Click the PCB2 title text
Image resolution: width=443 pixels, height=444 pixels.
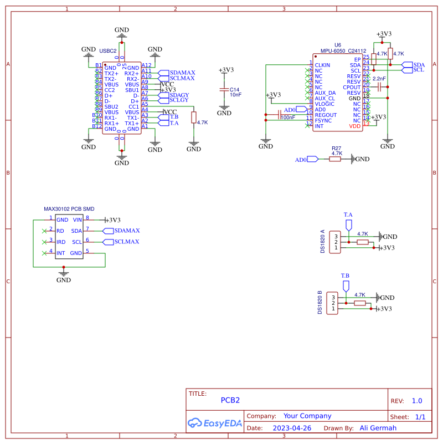pos(230,400)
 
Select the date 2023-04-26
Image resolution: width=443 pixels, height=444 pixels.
pos(292,428)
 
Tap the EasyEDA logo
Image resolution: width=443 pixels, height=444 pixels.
pos(215,423)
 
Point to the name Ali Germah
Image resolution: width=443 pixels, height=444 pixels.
pos(378,428)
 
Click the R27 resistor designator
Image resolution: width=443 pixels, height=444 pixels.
pos(336,149)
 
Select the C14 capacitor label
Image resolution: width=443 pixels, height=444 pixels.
pos(234,89)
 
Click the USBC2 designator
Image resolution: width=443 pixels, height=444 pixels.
pos(107,50)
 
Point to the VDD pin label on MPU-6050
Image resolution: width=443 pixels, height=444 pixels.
pos(354,126)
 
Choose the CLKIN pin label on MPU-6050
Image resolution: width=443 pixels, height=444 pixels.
pos(322,65)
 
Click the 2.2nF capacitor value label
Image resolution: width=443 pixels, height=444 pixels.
pos(379,79)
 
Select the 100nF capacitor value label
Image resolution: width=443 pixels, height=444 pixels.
pos(288,118)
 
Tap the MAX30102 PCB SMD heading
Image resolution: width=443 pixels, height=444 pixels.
pos(69,209)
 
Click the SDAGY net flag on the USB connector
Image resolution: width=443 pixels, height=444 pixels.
pos(179,95)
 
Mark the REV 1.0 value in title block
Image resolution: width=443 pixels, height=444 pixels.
pos(416,401)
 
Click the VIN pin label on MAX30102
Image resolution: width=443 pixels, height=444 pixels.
pos(77,220)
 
